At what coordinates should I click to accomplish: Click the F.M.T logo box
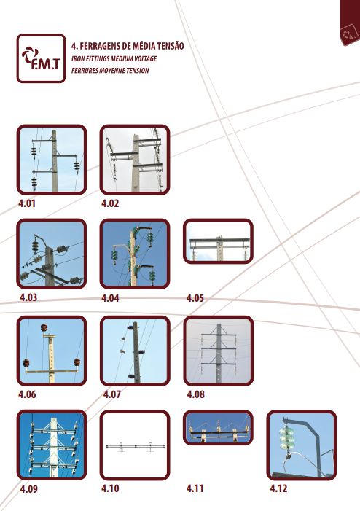(x=41, y=58)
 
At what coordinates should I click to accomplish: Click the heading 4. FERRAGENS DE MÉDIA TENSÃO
(x=128, y=46)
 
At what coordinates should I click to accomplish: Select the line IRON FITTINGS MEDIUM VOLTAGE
(x=114, y=58)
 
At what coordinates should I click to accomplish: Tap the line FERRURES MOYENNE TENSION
(x=110, y=71)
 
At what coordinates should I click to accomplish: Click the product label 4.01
(x=27, y=203)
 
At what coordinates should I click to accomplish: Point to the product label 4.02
(x=110, y=203)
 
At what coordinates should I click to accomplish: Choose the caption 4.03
(x=28, y=297)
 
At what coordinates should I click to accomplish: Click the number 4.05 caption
(x=195, y=298)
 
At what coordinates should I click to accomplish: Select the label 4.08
(x=195, y=394)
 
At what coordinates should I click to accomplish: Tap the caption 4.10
(x=110, y=488)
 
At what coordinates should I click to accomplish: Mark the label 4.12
(x=278, y=488)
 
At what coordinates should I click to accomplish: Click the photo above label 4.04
(x=135, y=254)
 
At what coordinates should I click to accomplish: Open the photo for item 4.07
(x=135, y=351)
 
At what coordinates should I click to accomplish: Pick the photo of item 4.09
(x=52, y=445)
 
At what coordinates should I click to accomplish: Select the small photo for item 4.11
(x=218, y=428)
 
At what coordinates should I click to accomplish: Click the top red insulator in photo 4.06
(x=44, y=327)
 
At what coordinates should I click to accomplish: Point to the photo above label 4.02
(x=135, y=160)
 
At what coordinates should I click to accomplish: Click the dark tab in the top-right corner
(x=350, y=23)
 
